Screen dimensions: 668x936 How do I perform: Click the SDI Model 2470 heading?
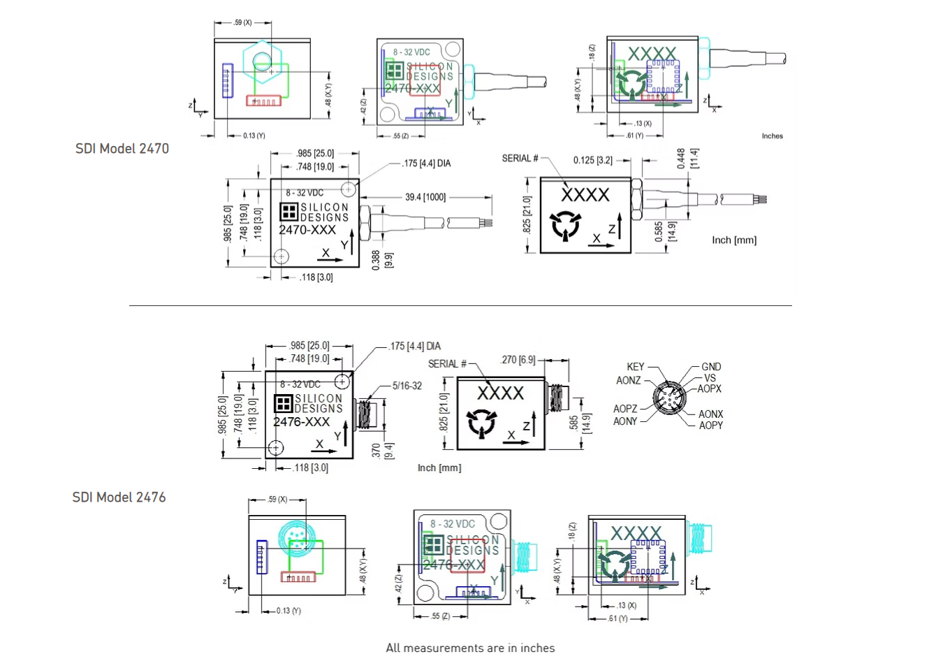[122, 149]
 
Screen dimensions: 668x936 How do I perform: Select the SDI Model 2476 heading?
[119, 498]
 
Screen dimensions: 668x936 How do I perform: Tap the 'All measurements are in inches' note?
[470, 648]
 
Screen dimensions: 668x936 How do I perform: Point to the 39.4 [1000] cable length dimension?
[425, 197]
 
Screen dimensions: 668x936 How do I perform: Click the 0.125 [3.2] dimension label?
[592, 160]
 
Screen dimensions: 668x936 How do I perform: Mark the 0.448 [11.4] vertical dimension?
[687, 159]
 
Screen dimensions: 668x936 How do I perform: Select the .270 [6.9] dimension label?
[518, 360]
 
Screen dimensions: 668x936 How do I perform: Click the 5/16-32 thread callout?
[407, 386]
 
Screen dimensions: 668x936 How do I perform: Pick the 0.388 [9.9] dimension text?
[382, 260]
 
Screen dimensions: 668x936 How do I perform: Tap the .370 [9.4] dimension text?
[382, 451]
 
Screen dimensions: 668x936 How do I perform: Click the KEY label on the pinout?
[635, 367]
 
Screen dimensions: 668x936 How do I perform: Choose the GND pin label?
[711, 367]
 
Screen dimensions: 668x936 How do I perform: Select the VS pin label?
[710, 378]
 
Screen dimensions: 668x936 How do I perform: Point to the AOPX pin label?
[709, 389]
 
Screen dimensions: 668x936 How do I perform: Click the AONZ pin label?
[628, 381]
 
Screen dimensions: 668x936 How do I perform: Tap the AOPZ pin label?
[625, 409]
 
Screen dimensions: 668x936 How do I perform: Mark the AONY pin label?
[625, 421]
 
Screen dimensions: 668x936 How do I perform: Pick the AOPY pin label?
[710, 426]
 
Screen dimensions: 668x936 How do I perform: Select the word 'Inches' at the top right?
[772, 136]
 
